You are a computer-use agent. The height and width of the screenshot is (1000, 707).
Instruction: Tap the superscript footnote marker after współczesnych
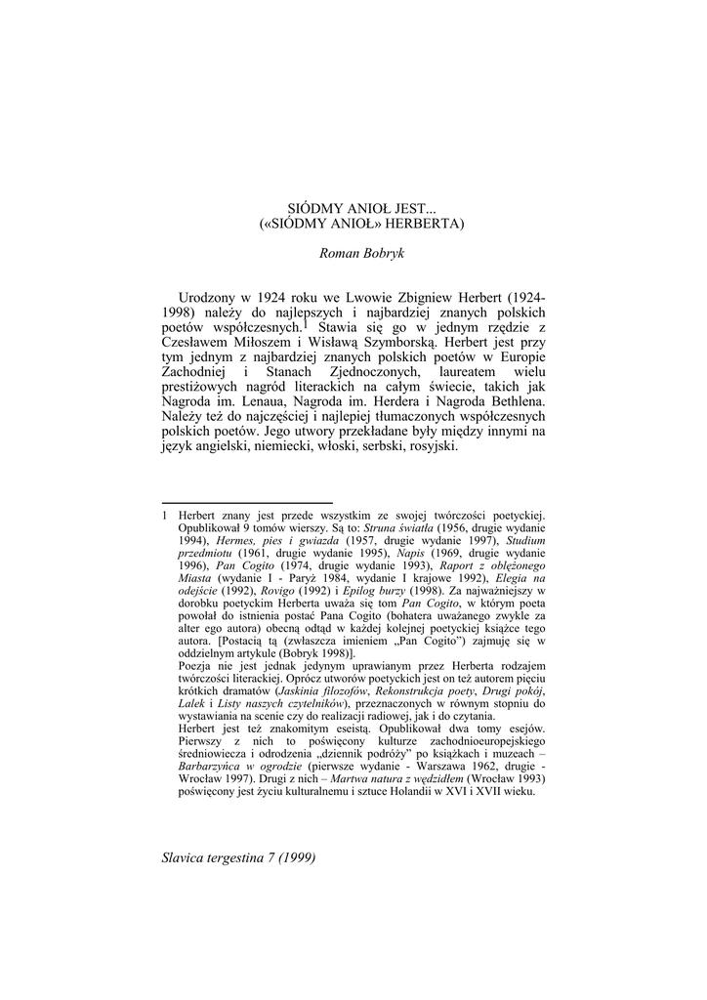[x=306, y=324]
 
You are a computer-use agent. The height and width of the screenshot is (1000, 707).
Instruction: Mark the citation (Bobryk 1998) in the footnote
[x=299, y=654]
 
